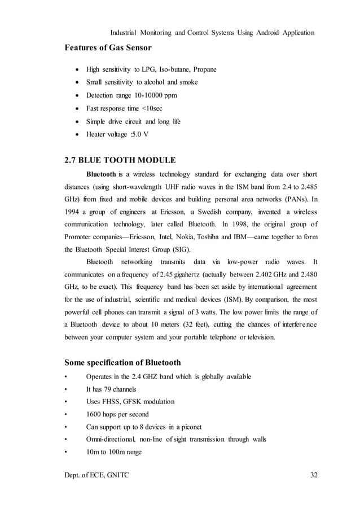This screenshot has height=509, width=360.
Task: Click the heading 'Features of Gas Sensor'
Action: (108, 47)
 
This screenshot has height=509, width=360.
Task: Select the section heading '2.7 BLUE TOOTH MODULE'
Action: (120, 159)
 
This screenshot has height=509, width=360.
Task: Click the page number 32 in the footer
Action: (314, 475)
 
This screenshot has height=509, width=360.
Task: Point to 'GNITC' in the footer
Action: (116, 475)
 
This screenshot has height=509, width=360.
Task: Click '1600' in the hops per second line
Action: (94, 414)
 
